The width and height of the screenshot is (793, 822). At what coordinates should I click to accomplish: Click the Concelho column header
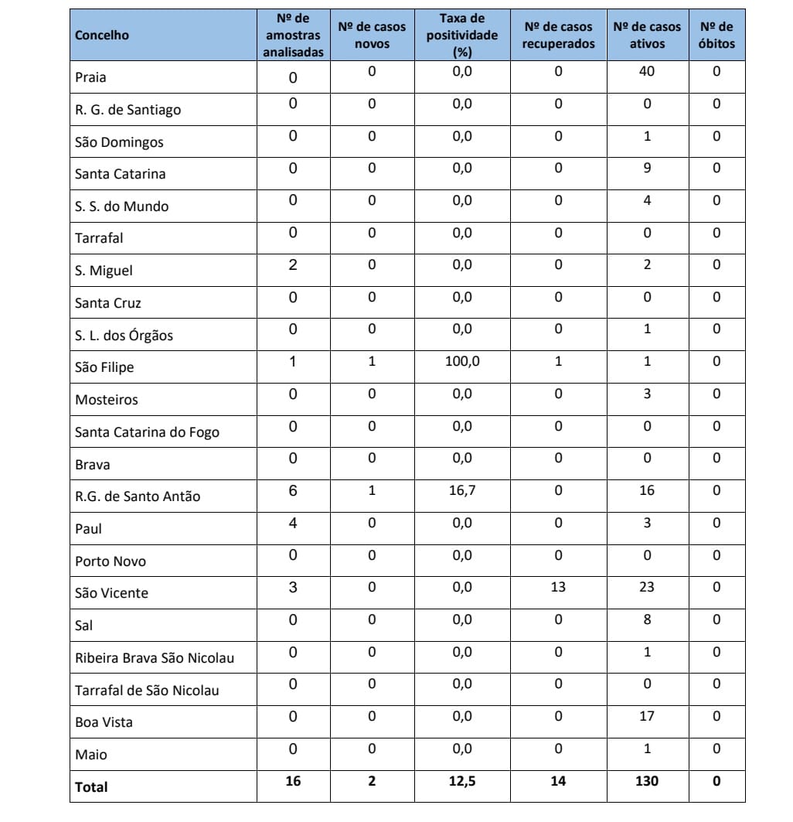[x=102, y=36]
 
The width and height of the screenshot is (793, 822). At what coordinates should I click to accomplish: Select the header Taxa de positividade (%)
[x=462, y=36]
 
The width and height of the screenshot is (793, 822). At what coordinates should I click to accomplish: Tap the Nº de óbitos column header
[x=716, y=36]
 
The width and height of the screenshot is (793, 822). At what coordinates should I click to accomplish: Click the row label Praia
[x=91, y=77]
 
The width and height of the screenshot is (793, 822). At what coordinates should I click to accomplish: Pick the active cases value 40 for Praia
[x=647, y=71]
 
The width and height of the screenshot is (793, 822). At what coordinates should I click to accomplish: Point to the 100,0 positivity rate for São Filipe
[x=462, y=361]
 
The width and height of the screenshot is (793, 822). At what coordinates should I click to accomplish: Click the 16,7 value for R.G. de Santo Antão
[x=462, y=490]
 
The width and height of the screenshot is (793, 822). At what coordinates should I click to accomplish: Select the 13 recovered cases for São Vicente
[x=558, y=587]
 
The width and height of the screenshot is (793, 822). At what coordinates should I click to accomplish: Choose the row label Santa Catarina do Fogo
[x=147, y=432]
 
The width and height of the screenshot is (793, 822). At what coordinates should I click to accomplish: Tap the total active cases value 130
[x=646, y=781]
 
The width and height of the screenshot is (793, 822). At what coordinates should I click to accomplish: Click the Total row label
[x=91, y=787]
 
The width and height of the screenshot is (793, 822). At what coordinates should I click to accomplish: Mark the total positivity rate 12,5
[x=462, y=781]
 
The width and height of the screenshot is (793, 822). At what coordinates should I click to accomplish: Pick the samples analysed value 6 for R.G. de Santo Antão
[x=293, y=490]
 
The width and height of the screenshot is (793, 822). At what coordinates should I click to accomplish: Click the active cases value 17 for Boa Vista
[x=647, y=716]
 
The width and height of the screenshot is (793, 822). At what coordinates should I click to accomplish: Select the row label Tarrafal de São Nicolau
[x=147, y=690]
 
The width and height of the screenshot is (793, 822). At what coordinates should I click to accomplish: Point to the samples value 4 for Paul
[x=293, y=523]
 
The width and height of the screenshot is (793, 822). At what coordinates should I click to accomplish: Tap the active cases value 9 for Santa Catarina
[x=647, y=168]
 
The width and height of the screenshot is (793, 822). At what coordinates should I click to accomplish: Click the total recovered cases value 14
[x=558, y=781]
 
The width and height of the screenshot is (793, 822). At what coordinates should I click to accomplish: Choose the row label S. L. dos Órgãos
[x=124, y=336]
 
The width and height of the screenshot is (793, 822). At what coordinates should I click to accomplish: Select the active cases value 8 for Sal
[x=647, y=619]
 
